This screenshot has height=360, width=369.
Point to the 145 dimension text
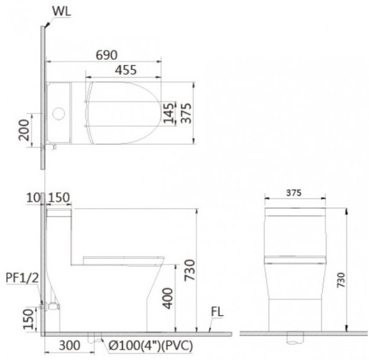tap(168, 113)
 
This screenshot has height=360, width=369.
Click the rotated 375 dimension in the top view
tap(186, 113)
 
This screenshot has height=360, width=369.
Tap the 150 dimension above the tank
tap(59, 199)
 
